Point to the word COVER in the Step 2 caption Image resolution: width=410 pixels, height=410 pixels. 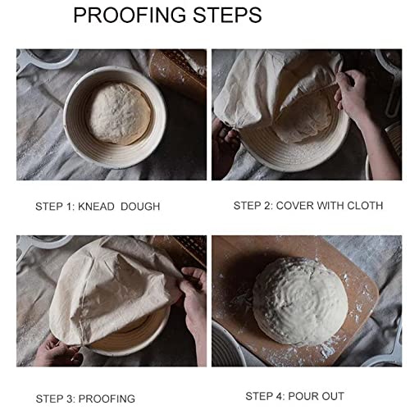(295, 205)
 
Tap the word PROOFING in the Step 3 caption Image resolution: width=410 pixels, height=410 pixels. (107, 399)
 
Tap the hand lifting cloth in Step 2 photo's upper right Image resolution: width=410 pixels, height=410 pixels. (361, 94)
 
